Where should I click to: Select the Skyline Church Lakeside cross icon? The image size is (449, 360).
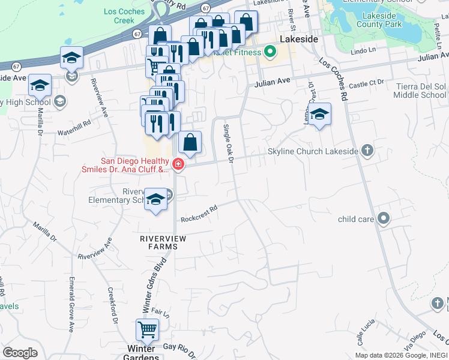click(x=367, y=151)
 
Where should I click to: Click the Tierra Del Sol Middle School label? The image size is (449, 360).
click(x=421, y=91)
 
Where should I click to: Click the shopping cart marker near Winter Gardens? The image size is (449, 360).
click(x=147, y=330)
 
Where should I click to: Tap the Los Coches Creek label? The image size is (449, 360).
click(x=124, y=16)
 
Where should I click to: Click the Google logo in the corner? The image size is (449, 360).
click(x=20, y=353)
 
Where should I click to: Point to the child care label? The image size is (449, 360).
click(x=356, y=220)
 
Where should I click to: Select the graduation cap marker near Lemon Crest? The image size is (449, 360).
click(x=320, y=114)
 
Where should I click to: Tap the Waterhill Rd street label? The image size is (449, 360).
click(x=74, y=122)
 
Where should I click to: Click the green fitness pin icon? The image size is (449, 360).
click(x=270, y=52)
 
